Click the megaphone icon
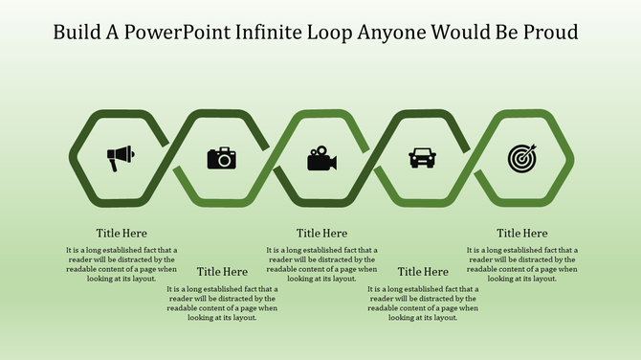(121, 158)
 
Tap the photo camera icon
(221, 158)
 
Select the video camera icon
(321, 158)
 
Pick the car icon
(421, 157)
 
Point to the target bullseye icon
(521, 157)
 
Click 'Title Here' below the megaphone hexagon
(122, 233)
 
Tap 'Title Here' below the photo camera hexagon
(222, 272)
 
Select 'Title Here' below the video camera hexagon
(321, 233)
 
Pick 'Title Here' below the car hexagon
(422, 272)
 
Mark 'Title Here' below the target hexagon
(521, 233)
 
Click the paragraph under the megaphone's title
(122, 264)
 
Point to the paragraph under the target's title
(521, 264)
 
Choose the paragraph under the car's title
(422, 304)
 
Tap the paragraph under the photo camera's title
(222, 304)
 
